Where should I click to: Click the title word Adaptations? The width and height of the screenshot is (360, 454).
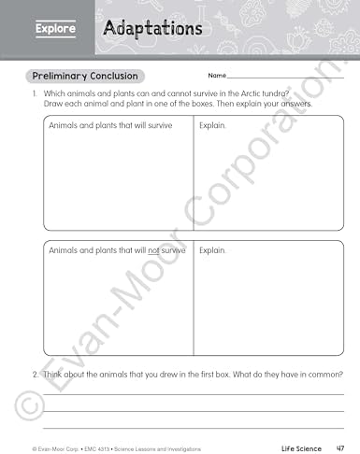click(152, 29)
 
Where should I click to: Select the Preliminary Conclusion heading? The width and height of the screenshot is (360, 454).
click(85, 76)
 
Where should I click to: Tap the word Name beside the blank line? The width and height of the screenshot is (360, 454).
click(217, 76)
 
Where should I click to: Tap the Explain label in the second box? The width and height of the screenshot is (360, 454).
click(212, 250)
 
